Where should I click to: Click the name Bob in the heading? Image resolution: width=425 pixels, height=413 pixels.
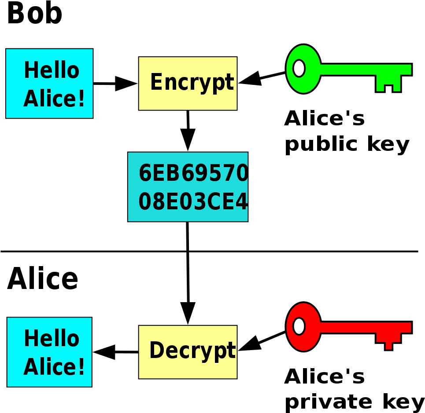(35, 13)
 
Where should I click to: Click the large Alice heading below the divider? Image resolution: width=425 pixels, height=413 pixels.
(43, 278)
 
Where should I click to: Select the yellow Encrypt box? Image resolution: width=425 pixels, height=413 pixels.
(188, 84)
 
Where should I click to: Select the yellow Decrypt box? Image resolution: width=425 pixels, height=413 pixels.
(188, 352)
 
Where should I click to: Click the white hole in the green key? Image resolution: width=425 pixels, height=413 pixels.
(299, 68)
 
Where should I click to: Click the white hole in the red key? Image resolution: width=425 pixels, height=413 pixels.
(299, 326)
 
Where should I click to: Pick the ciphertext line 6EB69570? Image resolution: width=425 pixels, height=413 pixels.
(193, 173)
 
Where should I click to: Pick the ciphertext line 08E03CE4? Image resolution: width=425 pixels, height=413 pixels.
(193, 201)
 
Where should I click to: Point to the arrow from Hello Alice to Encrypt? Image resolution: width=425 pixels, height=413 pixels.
(115, 84)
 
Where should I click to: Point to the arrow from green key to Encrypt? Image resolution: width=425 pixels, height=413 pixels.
(262, 78)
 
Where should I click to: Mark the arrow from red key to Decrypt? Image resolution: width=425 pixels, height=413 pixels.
(262, 341)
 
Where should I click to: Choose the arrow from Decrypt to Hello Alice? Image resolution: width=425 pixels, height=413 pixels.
(115, 352)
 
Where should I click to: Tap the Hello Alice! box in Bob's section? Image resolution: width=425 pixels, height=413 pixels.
(49, 84)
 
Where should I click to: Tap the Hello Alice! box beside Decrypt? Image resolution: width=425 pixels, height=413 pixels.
(49, 352)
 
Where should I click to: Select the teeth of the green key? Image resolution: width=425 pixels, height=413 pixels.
(388, 84)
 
